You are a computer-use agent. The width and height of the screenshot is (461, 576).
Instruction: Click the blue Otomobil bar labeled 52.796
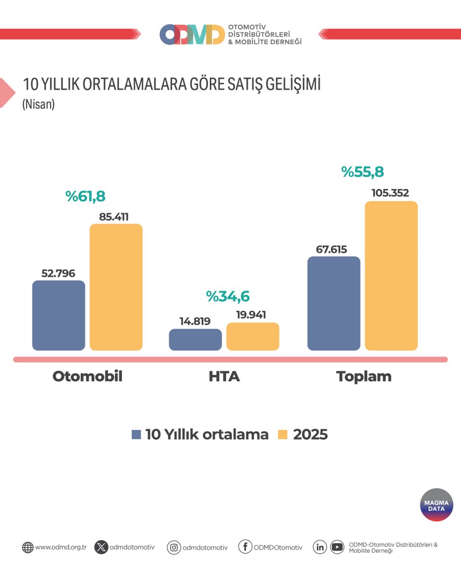click(x=59, y=315)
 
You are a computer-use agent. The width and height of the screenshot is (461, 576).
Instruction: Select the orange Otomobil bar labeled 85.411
click(x=116, y=287)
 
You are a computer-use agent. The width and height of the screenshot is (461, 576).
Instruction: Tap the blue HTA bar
click(x=195, y=339)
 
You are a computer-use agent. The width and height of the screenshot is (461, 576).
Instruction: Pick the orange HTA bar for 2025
click(x=253, y=336)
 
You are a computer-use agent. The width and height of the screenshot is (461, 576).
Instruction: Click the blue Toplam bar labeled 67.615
click(x=334, y=303)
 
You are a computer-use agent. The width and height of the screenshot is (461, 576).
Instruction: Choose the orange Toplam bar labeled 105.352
click(x=391, y=276)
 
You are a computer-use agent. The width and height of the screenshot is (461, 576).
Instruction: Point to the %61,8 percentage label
click(x=85, y=196)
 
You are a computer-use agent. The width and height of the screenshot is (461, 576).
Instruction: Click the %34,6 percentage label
click(x=228, y=297)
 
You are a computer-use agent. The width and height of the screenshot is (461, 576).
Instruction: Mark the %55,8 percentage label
click(x=363, y=172)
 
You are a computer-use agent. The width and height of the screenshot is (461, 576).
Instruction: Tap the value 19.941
click(x=251, y=315)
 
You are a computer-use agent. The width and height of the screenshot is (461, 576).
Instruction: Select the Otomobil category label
click(x=87, y=376)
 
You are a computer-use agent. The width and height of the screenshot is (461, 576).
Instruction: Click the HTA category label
click(x=224, y=376)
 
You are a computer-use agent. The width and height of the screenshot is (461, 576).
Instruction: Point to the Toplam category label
click(x=364, y=376)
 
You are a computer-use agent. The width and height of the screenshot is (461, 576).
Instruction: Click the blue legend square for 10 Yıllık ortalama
click(x=136, y=434)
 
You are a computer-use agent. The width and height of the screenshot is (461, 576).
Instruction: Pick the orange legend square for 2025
click(x=283, y=434)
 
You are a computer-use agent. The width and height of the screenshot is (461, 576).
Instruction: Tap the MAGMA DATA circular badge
click(x=437, y=505)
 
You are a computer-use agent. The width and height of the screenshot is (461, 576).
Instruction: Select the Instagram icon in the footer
click(x=173, y=547)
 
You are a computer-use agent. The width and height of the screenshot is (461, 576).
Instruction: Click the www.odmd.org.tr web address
click(x=61, y=547)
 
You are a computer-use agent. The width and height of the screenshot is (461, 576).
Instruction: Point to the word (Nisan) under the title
click(x=38, y=104)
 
